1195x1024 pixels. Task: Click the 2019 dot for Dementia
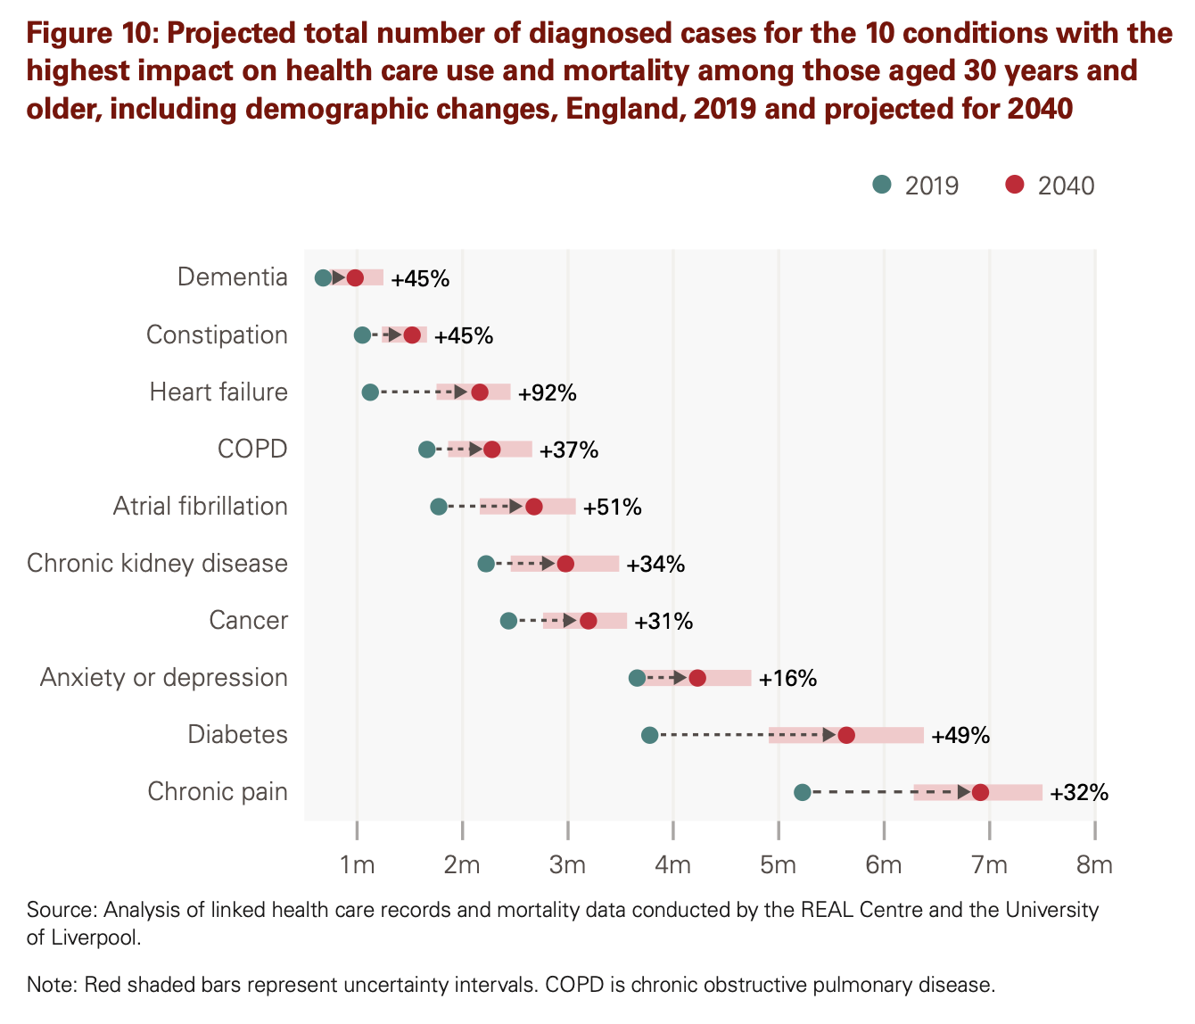[323, 277]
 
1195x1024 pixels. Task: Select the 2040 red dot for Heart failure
[480, 392]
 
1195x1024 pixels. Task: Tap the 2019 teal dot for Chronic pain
[802, 792]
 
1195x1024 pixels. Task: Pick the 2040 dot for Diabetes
[846, 735]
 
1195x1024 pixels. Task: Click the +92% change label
[548, 392]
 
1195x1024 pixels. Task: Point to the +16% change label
[787, 679]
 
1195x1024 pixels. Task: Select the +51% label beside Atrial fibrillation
[612, 508]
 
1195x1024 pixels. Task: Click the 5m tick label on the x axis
[779, 864]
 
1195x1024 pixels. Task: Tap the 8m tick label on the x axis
[1094, 864]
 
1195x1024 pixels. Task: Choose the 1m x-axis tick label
[357, 864]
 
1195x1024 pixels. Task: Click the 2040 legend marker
[1014, 185]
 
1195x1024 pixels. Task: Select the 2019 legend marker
[882, 185]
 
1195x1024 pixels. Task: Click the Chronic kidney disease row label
[158, 564]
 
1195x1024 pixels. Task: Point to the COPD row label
[252, 449]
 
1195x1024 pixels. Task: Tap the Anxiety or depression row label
[164, 678]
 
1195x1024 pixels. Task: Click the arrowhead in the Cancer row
[570, 621]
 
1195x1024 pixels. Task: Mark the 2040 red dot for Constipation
[412, 335]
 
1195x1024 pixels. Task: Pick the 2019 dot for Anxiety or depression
[637, 678]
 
